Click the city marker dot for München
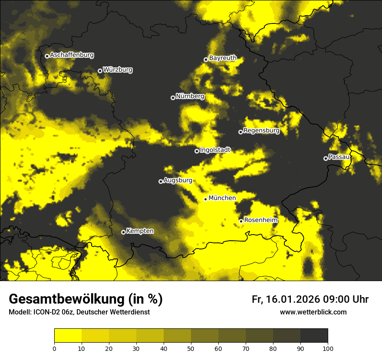[205, 199]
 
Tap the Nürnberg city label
[190, 96]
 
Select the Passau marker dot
[326, 158]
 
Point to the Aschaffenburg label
[72, 55]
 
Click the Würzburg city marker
[100, 71]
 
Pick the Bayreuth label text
[223, 58]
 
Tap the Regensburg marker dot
[240, 132]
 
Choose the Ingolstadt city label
[215, 150]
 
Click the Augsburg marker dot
[161, 181]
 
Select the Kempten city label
[140, 231]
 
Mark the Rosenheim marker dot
[241, 221]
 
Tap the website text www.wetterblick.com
[313, 312]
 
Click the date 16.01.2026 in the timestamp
[291, 299]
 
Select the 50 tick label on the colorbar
[191, 348]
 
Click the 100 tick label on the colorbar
[328, 348]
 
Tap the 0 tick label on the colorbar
[54, 348]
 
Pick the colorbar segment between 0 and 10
[68, 336]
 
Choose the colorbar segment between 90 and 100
[314, 336]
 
